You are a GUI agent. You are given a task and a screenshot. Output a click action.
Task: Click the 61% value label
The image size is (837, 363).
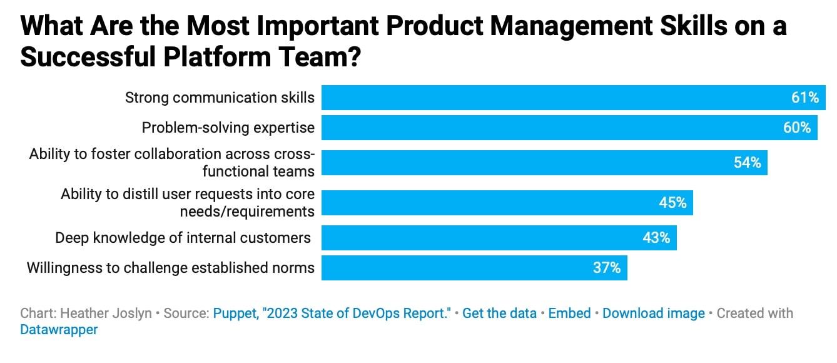tap(804, 98)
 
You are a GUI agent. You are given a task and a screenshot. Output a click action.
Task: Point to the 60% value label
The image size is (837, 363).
tap(796, 128)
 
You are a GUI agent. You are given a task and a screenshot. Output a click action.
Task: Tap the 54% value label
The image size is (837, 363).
tap(747, 163)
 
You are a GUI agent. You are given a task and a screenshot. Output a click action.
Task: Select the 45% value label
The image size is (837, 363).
tap(672, 203)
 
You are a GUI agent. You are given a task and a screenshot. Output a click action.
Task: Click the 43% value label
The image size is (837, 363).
tap(656, 238)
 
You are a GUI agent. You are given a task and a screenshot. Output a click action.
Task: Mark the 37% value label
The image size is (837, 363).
tap(607, 268)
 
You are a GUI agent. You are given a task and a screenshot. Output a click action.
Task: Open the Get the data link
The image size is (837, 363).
tap(499, 313)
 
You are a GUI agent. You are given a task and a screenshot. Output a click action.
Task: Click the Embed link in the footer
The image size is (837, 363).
tap(569, 313)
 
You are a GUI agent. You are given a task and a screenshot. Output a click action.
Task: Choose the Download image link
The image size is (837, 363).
tap(653, 313)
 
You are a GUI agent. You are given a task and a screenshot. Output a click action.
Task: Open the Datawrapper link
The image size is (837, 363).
tap(59, 329)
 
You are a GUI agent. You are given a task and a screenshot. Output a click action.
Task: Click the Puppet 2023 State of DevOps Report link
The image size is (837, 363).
tap(332, 313)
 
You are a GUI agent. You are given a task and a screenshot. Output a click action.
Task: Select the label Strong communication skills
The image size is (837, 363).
tap(220, 98)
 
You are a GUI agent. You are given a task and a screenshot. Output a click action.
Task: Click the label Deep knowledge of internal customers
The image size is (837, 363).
tap(183, 238)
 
